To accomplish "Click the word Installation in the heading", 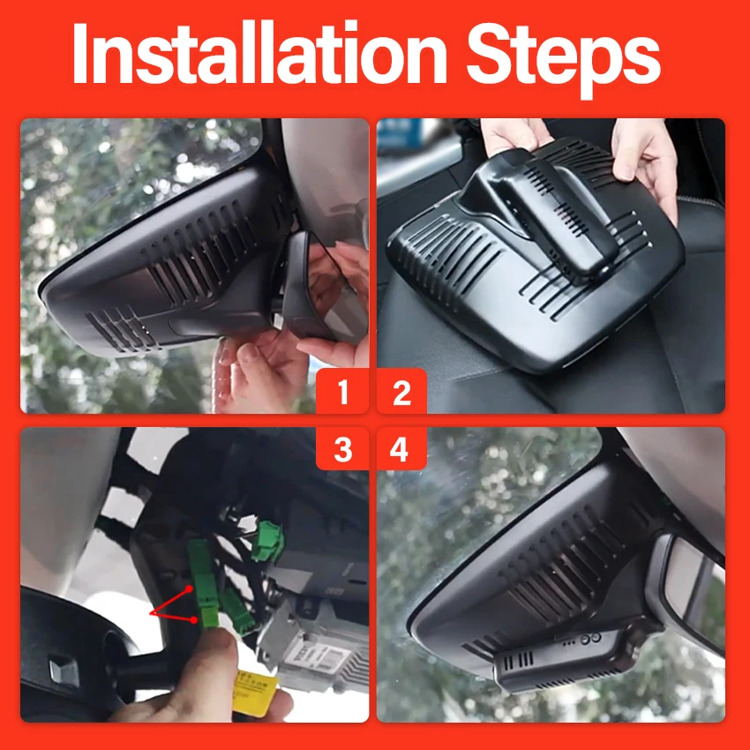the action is (x=259, y=53).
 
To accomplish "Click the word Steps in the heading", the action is (x=563, y=59).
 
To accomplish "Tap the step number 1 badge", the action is (x=342, y=391).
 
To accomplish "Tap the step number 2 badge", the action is (x=401, y=391).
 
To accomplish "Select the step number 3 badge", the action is (x=342, y=448).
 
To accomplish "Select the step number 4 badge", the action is (x=400, y=448).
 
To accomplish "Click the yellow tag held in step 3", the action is (x=256, y=693).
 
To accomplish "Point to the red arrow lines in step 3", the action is (x=172, y=606).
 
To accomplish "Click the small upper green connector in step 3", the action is (x=268, y=541).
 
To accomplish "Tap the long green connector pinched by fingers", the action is (x=204, y=582).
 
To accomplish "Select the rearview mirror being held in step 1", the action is (x=318, y=287).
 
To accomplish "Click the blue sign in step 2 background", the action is (x=400, y=133).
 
